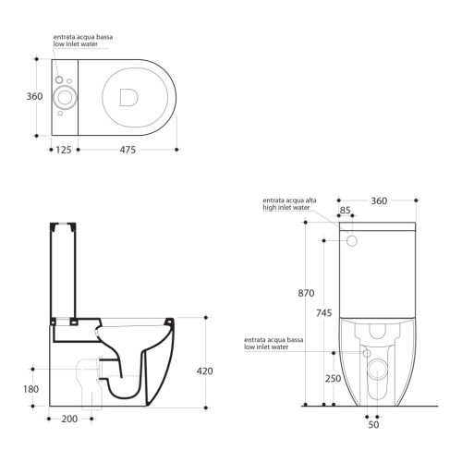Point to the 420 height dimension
[x=206, y=371]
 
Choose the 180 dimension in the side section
[x=31, y=389]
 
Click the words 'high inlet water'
[x=286, y=209]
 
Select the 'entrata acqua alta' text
[x=290, y=201]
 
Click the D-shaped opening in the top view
[x=128, y=92]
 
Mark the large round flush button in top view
[x=65, y=96]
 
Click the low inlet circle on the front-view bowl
[x=366, y=353]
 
